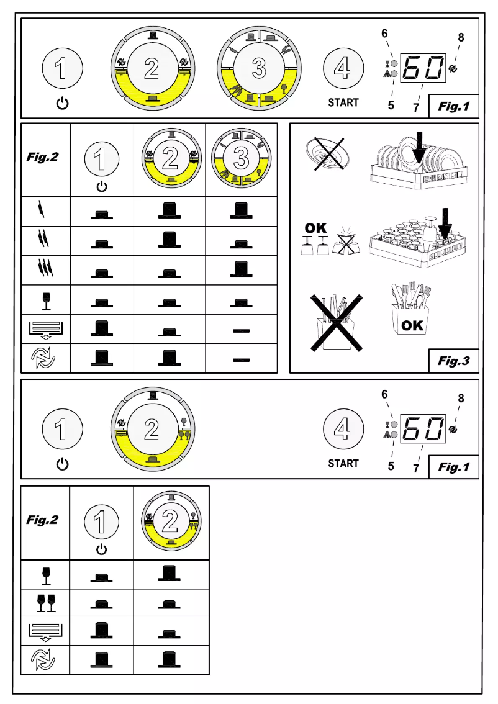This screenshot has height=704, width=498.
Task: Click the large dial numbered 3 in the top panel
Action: click(258, 69)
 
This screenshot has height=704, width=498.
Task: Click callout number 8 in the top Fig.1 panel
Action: click(461, 37)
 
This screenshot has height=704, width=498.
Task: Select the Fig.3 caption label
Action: click(454, 360)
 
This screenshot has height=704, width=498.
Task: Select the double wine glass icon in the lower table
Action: click(46, 602)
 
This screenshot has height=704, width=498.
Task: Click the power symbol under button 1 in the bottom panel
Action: click(61, 463)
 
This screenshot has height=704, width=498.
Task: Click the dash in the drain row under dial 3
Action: click(241, 330)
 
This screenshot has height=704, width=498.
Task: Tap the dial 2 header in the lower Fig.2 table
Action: click(170, 521)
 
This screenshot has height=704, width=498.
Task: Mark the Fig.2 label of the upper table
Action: click(42, 157)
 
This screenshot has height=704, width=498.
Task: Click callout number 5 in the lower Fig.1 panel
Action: click(391, 466)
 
